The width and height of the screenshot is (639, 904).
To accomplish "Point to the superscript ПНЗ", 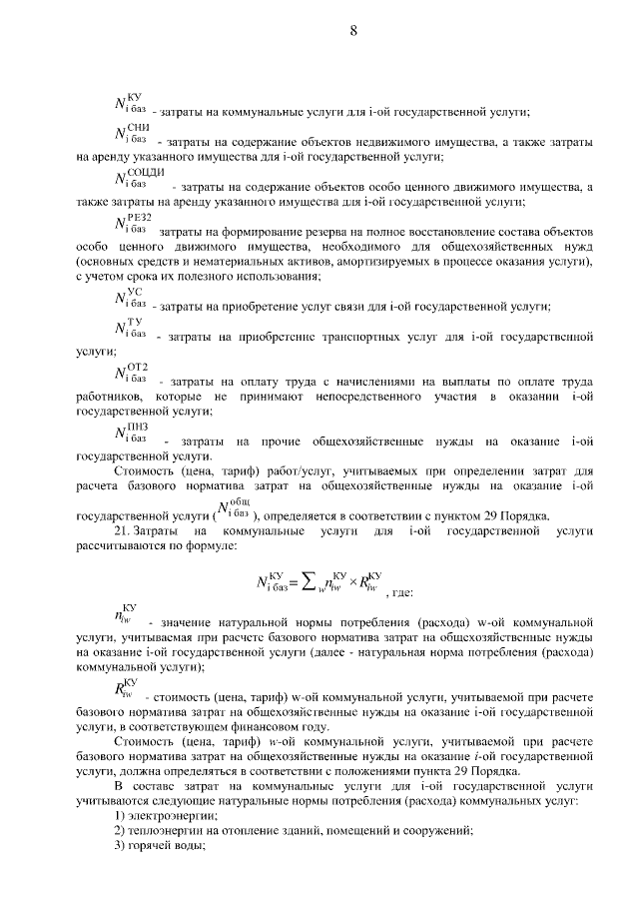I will (138, 425).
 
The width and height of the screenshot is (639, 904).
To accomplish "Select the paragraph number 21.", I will (125, 531).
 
